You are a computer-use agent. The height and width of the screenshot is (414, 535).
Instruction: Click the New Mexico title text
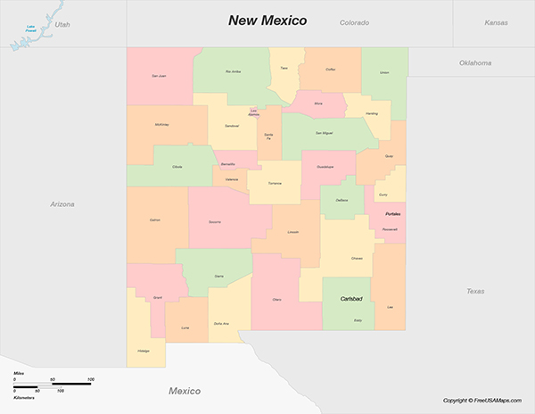pyautogui.click(x=267, y=20)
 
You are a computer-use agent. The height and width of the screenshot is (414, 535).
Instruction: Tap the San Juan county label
pyautogui.click(x=159, y=76)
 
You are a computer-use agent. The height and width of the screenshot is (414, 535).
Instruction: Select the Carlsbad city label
pyautogui.click(x=351, y=299)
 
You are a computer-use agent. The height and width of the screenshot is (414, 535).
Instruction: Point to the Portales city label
pyautogui.click(x=393, y=214)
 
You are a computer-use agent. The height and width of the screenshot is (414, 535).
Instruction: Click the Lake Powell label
pyautogui.click(x=32, y=30)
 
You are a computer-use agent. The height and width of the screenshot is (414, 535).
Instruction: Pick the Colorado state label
pyautogui.click(x=354, y=22)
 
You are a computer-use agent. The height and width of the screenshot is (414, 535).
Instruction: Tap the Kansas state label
pyautogui.click(x=496, y=22)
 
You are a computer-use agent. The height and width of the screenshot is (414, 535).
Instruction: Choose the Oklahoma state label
pyautogui.click(x=475, y=63)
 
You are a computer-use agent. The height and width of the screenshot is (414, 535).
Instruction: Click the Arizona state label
pyautogui.click(x=62, y=204)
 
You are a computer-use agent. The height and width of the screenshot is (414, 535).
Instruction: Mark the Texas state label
pyautogui.click(x=474, y=291)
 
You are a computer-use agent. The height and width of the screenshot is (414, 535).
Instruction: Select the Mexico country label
pyautogui.click(x=185, y=391)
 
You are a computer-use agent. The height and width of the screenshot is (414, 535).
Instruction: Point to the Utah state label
pyautogui.click(x=62, y=25)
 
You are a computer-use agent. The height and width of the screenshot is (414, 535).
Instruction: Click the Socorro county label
pyautogui.click(x=215, y=221)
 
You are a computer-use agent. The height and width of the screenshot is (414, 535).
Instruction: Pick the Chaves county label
pyautogui.click(x=357, y=259)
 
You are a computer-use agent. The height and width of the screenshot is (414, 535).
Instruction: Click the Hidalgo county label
pyautogui.click(x=144, y=351)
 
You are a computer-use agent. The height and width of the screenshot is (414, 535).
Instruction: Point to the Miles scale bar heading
pyautogui.click(x=19, y=373)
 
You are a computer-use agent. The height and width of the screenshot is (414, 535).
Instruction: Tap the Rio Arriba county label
pyautogui.click(x=234, y=71)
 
